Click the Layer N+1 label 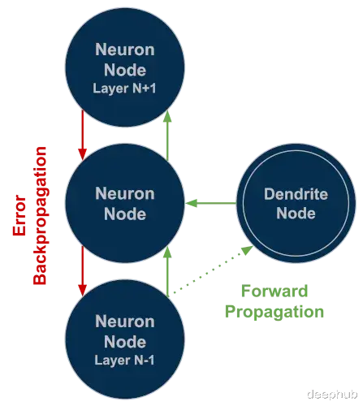[124, 89]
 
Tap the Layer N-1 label [124, 361]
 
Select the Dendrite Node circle [296, 203]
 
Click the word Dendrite [296, 194]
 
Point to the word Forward [274, 291]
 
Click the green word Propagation [274, 312]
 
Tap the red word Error [19, 215]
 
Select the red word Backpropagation [40, 215]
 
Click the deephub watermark [332, 395]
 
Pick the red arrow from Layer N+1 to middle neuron [83, 135]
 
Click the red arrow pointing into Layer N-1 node [83, 271]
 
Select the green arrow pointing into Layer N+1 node [168, 135]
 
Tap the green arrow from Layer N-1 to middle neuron [168, 271]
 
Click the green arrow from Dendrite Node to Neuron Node [211, 203]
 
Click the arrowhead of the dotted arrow [248, 250]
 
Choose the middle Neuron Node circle [125, 203]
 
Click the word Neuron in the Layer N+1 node [125, 50]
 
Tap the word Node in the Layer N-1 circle [125, 342]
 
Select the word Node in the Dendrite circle [296, 214]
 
